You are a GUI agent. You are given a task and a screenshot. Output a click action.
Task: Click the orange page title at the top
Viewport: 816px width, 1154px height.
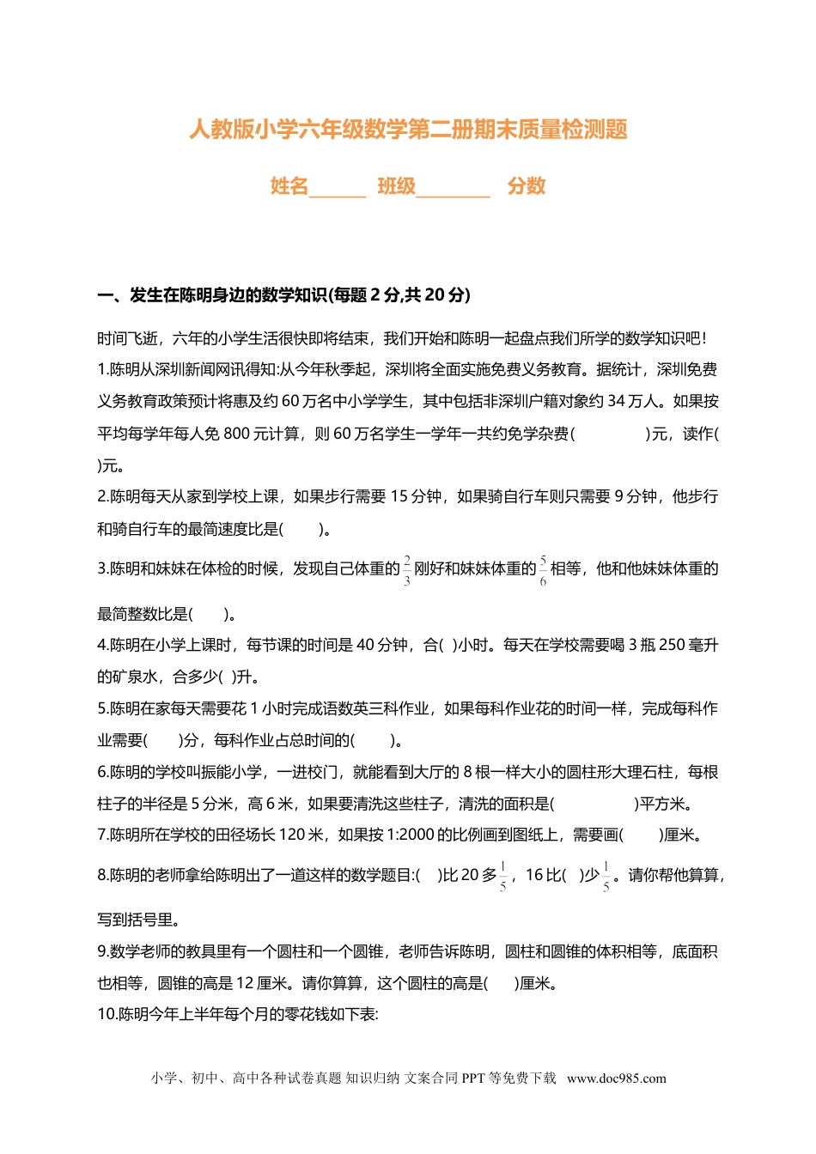point(408,130)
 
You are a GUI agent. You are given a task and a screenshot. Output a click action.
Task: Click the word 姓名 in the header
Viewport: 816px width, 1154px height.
point(289,185)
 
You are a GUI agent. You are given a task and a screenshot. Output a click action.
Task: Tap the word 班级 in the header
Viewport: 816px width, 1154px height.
point(396,185)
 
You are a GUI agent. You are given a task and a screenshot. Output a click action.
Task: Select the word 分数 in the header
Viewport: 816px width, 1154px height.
point(527,185)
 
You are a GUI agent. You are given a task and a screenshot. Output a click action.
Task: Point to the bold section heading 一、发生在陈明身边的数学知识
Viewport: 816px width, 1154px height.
point(283,295)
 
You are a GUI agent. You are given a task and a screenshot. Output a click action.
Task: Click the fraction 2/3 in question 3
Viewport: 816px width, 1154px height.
point(407,569)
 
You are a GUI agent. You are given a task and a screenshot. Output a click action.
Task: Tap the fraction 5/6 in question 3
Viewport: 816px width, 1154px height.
point(543,569)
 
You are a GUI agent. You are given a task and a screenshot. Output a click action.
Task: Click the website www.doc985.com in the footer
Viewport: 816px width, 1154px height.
point(616,1078)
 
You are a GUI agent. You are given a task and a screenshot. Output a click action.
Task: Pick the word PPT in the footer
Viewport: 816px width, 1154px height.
point(473,1078)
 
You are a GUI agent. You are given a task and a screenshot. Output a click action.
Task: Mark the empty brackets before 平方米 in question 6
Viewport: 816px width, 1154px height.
point(594,804)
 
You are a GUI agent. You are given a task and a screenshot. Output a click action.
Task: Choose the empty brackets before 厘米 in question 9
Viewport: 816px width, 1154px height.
point(502,983)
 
